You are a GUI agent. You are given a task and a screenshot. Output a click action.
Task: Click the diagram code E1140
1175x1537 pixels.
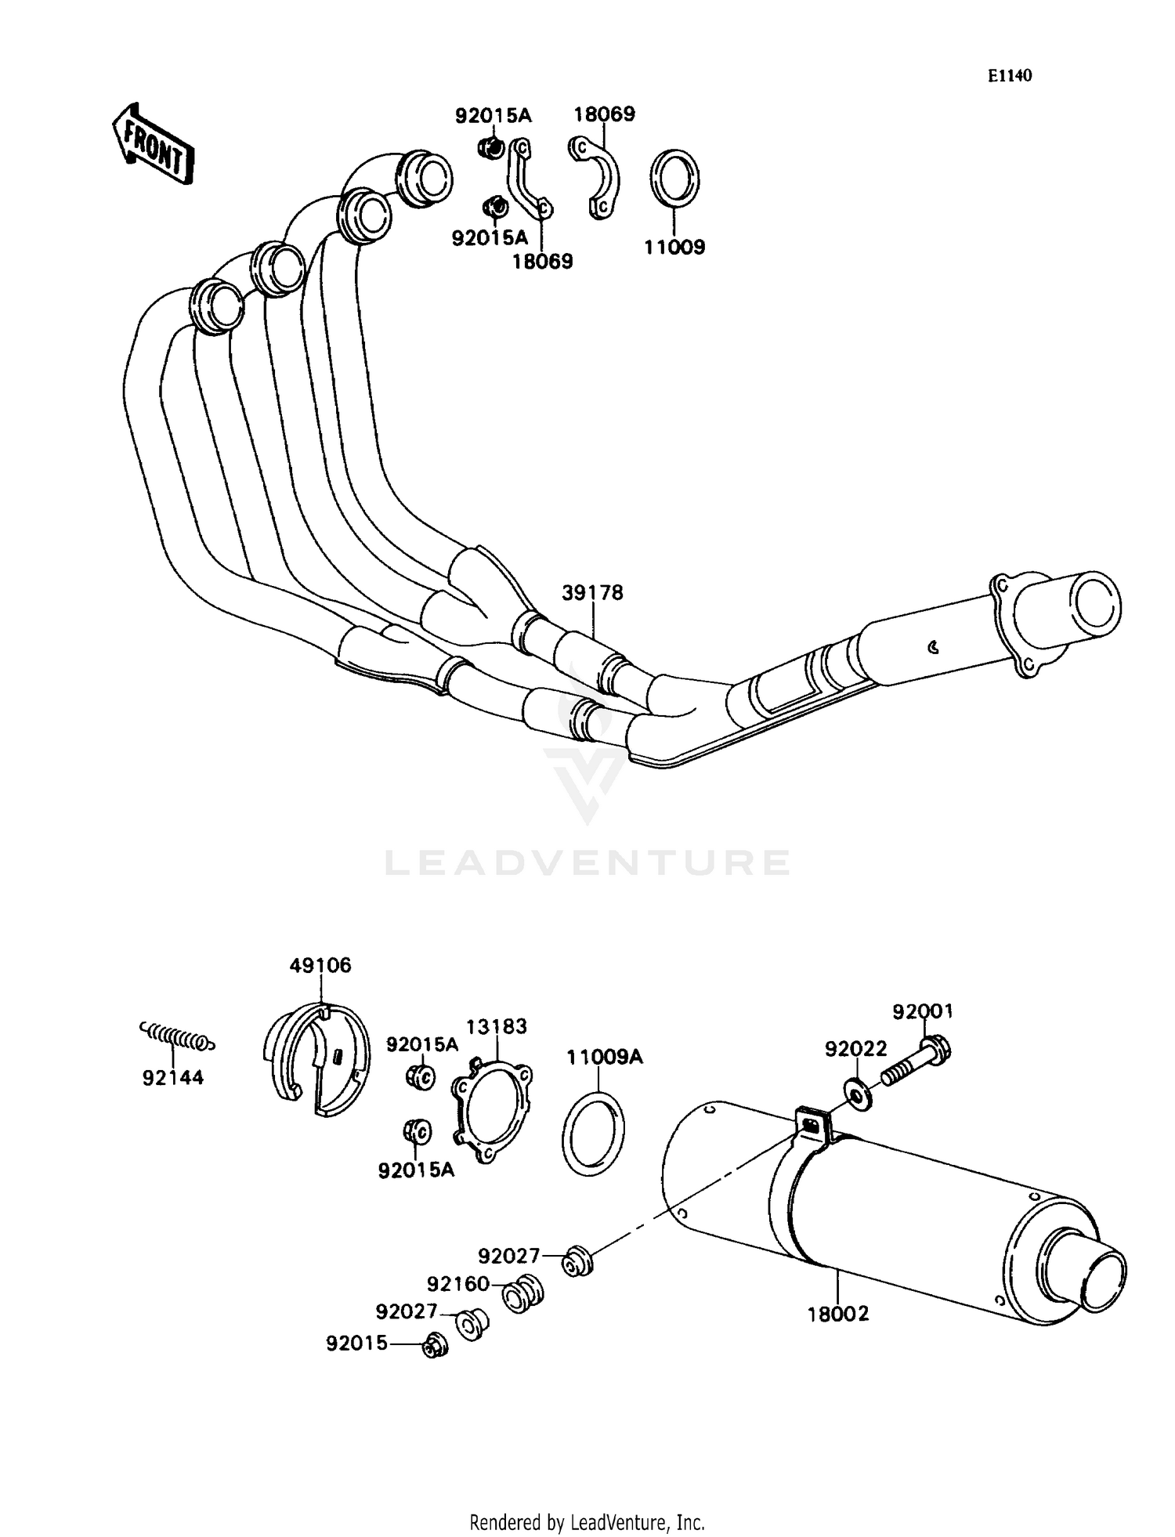coord(1009,76)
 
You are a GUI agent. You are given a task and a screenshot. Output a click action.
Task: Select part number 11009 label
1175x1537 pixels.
coord(674,248)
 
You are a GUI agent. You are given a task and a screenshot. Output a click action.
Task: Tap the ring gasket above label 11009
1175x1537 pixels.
coord(674,179)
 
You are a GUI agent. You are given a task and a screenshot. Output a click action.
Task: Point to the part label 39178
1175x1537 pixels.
coord(592,593)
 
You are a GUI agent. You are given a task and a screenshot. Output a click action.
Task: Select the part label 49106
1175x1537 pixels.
coord(320,966)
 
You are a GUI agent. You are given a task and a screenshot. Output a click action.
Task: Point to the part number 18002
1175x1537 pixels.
coord(838,1314)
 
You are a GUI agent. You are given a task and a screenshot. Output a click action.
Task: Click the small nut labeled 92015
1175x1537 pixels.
coord(432,1346)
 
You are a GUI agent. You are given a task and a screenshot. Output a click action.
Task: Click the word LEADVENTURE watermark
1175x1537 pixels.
coord(587,863)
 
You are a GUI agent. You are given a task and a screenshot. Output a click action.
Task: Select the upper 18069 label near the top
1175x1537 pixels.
coord(604,114)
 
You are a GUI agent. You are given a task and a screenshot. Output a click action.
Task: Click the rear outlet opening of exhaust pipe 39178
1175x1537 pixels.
coord(1095,604)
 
